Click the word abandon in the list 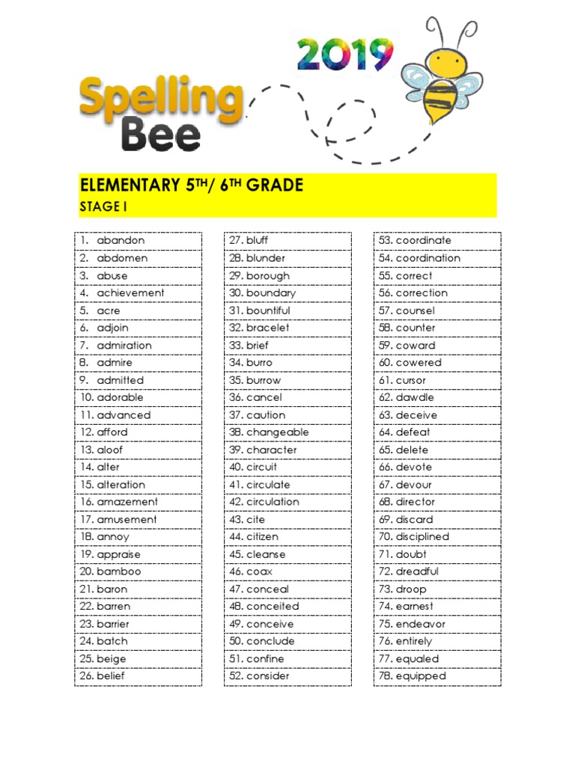(121, 241)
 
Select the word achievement (130, 293)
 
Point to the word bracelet (268, 328)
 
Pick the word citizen (262, 537)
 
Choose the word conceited (273, 607)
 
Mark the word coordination (428, 258)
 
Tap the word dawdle (415, 398)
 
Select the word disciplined (422, 537)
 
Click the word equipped (421, 676)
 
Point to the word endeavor (421, 624)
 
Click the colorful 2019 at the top (345, 55)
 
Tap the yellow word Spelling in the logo (161, 101)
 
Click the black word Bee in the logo (161, 136)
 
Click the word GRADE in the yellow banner (275, 185)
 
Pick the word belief (111, 676)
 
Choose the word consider (267, 676)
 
